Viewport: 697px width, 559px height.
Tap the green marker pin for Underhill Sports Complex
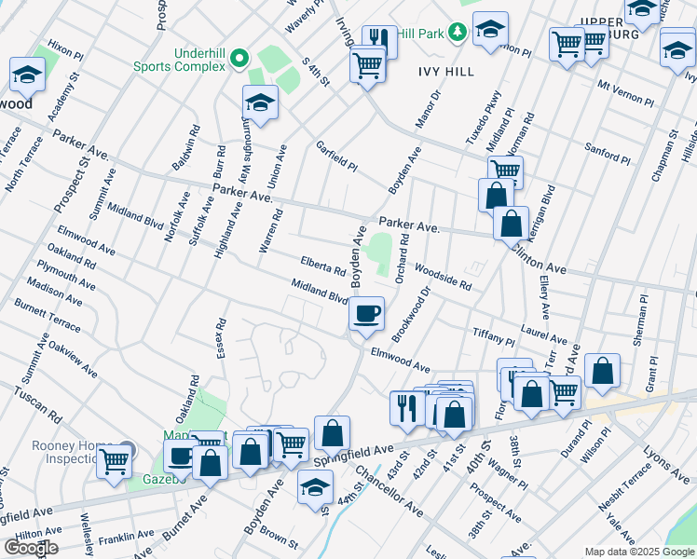coord(239,59)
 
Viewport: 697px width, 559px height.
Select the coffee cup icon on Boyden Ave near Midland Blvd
coord(367,312)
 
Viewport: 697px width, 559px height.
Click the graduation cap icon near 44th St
coord(316,486)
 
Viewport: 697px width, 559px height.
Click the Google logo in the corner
coord(30,548)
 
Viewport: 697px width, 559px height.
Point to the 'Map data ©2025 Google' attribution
coord(639,552)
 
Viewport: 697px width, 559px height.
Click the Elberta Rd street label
coord(323,266)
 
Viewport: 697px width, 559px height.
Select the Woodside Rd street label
coord(443,275)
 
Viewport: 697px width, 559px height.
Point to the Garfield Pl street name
coord(336,157)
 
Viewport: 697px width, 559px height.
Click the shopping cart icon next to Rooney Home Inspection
coord(115,460)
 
